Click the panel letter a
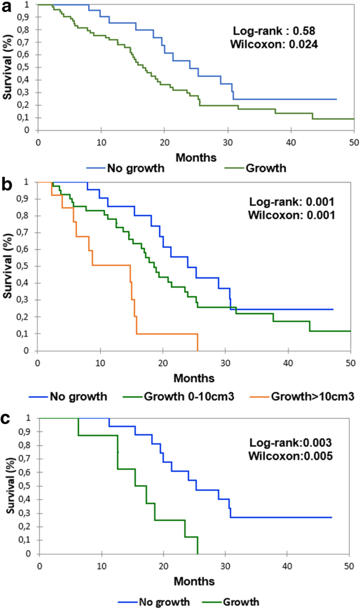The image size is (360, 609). click(7, 8)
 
